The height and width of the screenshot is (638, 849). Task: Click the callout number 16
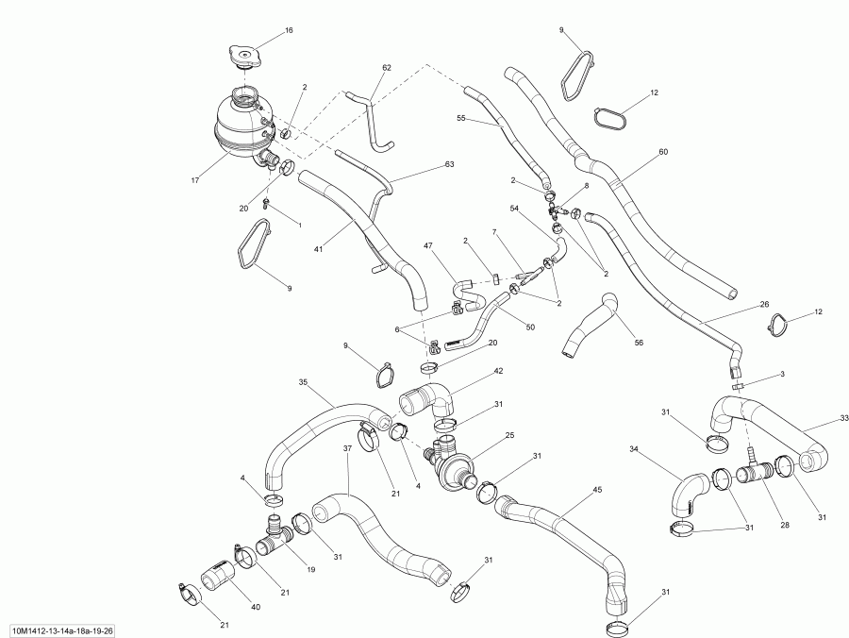click(x=289, y=31)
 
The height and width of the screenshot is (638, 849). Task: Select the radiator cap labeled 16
click(x=244, y=56)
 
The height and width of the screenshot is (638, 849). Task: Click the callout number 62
click(x=386, y=68)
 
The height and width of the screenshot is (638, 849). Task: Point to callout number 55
click(x=461, y=119)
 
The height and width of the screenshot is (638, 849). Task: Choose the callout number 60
click(x=662, y=151)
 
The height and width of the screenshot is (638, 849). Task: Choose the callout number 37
click(x=347, y=450)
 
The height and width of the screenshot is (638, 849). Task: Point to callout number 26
click(x=764, y=305)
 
